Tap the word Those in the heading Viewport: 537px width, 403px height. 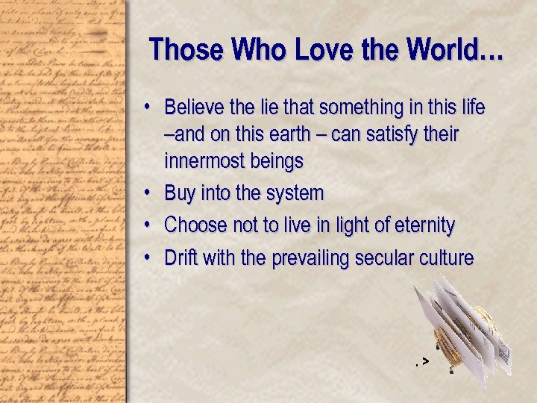pyautogui.click(x=186, y=50)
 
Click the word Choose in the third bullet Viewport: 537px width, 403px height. pyautogui.click(x=192, y=225)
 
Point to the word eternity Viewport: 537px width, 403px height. pyautogui.click(x=421, y=225)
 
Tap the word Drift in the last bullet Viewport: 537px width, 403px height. pyautogui.click(x=181, y=258)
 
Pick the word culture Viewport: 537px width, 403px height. pyautogui.click(x=447, y=258)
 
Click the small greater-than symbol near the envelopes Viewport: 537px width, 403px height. pyautogui.click(x=424, y=361)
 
